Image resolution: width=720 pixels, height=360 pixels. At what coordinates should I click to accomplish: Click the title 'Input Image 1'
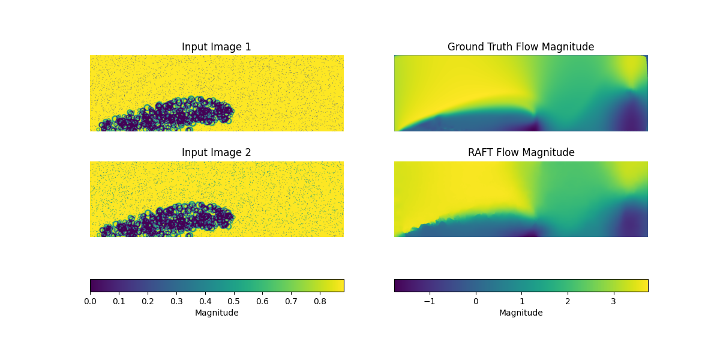point(217,47)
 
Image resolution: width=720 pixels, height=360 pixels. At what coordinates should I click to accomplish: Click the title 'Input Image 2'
point(217,152)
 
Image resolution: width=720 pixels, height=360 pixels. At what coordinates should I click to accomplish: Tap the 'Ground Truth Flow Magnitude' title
point(521,47)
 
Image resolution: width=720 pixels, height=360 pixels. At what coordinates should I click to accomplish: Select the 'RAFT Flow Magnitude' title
point(521,152)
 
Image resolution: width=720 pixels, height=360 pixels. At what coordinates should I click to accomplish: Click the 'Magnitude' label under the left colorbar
point(217,313)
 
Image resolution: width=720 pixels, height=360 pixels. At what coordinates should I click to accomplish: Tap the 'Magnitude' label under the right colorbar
point(521,313)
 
